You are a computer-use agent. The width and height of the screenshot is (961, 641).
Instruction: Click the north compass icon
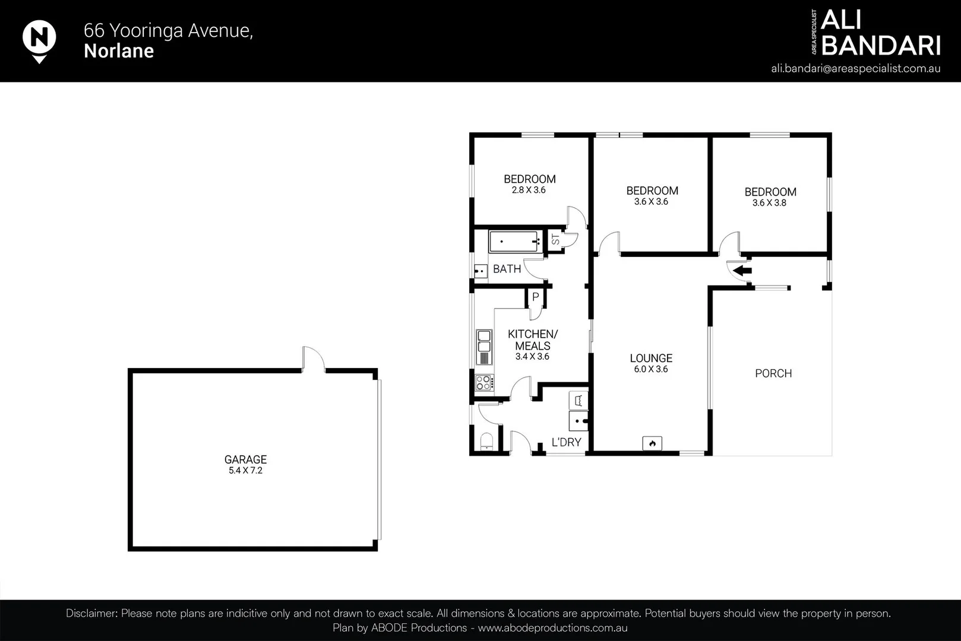pos(39,39)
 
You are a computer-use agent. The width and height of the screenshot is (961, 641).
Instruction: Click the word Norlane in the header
pos(119,51)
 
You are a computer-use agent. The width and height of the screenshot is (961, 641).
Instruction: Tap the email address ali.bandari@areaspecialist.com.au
pos(855,68)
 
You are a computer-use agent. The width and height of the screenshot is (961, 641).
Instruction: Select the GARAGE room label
pos(245,459)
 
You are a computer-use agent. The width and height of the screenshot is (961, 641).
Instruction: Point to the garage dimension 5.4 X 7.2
pos(245,471)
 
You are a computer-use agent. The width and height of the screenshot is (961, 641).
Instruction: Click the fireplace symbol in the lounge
pos(652,443)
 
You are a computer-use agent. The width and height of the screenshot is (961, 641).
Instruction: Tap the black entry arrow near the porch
pos(742,271)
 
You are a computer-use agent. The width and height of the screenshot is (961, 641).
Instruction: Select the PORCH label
pos(773,373)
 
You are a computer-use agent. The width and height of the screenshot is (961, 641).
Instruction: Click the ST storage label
pos(555,240)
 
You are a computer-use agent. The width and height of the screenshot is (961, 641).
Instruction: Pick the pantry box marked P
pos(535,297)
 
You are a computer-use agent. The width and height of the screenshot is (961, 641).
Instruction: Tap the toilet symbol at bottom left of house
pos(486,441)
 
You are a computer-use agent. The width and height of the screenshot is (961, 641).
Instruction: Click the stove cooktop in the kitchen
pos(484,382)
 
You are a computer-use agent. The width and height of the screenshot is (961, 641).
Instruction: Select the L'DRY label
pos(566,442)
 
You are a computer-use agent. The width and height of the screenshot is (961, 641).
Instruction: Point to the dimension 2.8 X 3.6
pos(529,191)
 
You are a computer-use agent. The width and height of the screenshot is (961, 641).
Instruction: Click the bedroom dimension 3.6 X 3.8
pos(769,203)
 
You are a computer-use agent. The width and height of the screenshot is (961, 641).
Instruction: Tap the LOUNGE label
pos(651,358)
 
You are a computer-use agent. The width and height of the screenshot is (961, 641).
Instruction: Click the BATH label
pos(507,269)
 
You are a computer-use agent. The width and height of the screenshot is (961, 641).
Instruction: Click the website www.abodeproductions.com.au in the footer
pos(552,628)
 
